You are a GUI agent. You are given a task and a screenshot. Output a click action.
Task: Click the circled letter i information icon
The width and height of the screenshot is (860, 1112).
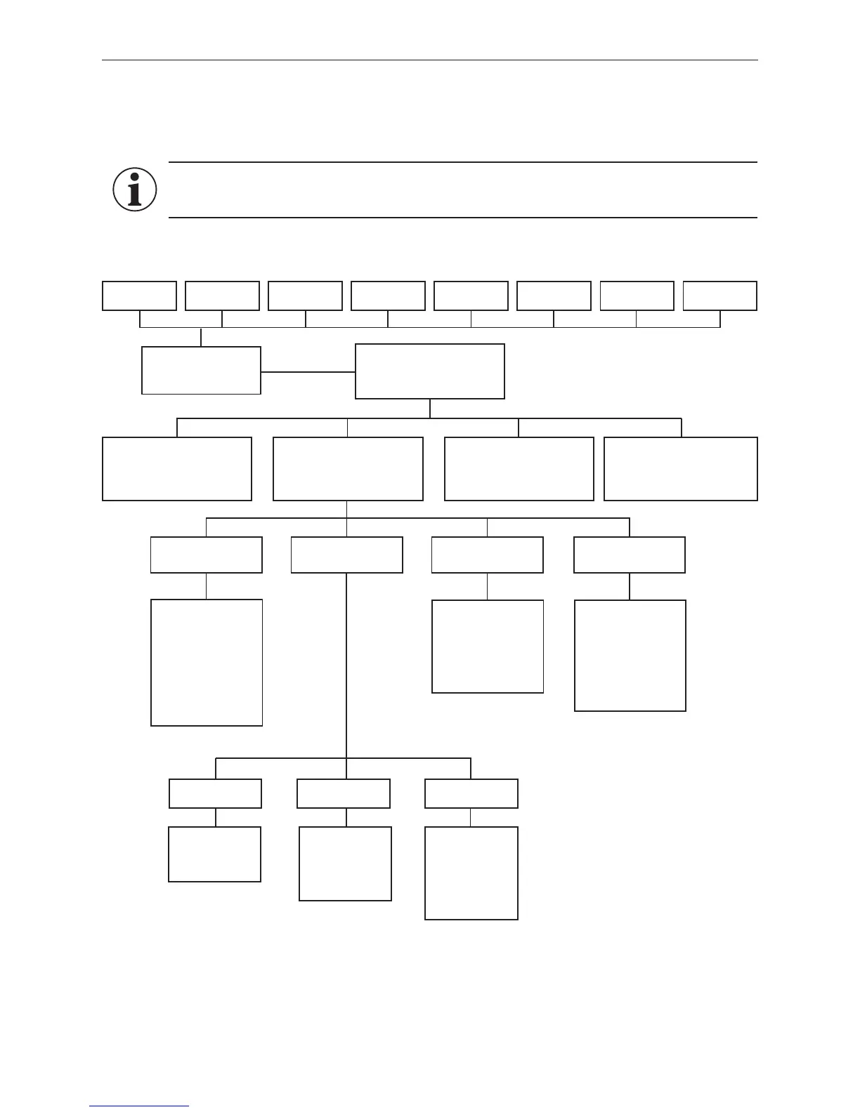134,190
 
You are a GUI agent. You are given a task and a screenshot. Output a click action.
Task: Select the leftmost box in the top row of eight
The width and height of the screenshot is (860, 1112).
139,296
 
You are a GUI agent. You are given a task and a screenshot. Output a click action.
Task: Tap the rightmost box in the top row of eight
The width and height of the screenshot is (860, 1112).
720,296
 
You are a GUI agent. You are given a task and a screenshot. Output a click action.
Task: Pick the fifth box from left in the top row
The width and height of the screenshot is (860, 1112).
471,296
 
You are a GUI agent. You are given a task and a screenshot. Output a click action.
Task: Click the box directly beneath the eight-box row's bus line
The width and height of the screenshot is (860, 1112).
201,370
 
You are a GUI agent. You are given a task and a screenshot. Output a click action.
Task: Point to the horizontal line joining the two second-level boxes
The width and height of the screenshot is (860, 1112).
308,371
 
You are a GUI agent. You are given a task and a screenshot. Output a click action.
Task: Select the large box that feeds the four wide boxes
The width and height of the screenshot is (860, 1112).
430,371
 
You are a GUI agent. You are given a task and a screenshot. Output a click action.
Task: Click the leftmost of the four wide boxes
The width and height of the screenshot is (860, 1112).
177,469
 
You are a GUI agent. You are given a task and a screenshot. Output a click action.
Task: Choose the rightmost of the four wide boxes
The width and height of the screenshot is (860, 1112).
681,469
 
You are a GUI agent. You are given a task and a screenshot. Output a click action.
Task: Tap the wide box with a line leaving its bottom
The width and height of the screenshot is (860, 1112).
348,469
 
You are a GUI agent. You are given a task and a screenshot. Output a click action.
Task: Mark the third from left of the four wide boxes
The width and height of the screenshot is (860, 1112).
519,469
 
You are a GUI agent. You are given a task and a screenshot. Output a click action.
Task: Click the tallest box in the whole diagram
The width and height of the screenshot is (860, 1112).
207,662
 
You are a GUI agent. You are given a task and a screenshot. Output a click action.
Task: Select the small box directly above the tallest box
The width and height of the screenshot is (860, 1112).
207,555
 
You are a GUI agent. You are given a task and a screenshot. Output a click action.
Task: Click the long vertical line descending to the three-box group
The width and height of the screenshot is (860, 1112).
346,667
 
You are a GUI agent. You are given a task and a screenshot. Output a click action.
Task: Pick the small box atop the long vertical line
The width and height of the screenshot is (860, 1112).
347,555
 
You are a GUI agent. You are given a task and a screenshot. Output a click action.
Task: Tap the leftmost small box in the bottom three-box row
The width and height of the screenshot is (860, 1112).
216,793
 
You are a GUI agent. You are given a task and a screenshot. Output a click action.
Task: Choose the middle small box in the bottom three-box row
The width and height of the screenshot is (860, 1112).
344,793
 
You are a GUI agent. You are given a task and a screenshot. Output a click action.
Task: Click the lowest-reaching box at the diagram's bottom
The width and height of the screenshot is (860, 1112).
471,873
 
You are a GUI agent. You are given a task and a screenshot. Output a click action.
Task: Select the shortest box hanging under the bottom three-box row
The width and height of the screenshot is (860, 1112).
214,854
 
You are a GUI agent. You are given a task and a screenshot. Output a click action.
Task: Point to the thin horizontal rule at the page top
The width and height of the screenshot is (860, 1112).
430,60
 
